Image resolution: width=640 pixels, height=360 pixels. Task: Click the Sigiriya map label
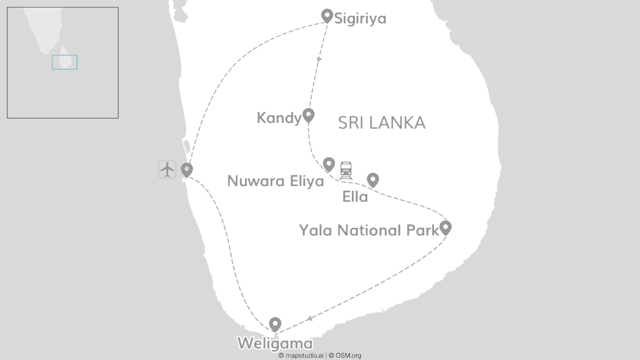tap(360, 19)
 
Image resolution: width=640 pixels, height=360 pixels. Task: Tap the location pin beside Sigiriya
tap(327, 15)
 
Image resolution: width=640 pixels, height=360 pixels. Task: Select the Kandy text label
tap(279, 118)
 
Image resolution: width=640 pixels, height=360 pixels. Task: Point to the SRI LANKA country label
tap(381, 123)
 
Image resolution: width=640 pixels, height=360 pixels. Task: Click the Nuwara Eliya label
tap(275, 181)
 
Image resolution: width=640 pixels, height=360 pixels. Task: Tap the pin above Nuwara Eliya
tap(328, 164)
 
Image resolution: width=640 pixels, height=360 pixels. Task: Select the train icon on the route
tap(346, 170)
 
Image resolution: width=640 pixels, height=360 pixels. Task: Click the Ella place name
tap(355, 197)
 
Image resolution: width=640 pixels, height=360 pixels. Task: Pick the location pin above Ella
tap(372, 179)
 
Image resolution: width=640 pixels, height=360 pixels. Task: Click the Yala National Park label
tap(369, 230)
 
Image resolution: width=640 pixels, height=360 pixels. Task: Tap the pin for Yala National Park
tap(445, 227)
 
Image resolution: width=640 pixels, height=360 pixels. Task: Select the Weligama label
tap(275, 343)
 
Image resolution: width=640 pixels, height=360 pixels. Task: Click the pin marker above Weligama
tap(275, 324)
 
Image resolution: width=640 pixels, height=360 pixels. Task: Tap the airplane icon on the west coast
tap(167, 169)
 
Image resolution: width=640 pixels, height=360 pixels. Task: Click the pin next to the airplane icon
tap(187, 169)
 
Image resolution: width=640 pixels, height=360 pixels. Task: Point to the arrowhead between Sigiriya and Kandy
tap(319, 59)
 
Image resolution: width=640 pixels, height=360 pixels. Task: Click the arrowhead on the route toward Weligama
tap(310, 318)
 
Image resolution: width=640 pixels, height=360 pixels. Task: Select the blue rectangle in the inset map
tap(64, 62)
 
